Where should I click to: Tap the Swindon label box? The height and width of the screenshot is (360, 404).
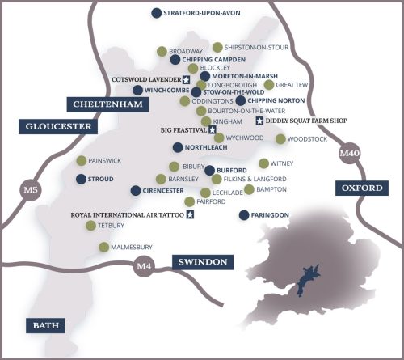(x=202, y=262)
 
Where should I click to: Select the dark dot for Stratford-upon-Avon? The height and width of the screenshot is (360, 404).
(x=156, y=13)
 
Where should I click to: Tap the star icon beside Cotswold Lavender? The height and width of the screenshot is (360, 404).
(x=185, y=80)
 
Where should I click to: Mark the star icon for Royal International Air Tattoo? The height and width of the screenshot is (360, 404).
(x=190, y=214)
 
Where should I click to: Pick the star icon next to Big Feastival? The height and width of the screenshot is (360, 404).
(x=212, y=129)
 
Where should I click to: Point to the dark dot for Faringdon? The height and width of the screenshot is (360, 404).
(x=243, y=214)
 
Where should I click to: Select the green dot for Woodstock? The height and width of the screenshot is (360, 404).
(x=280, y=139)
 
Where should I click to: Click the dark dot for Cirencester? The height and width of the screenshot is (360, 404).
(x=135, y=190)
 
